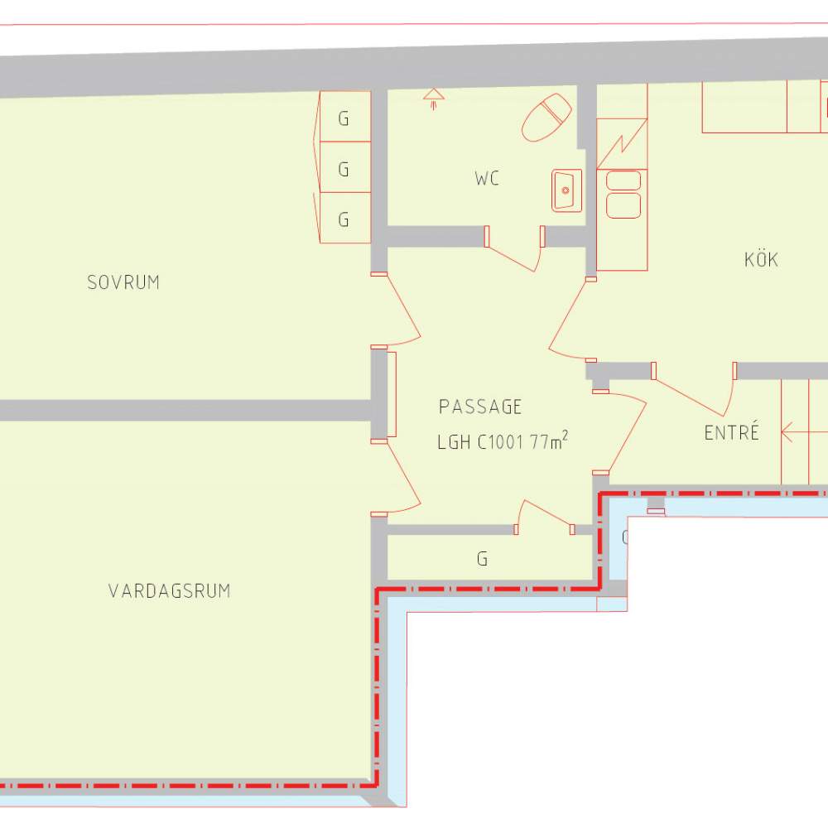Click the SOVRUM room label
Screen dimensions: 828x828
pos(123,282)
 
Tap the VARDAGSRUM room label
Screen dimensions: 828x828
pos(170,591)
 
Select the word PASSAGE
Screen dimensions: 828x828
pos(480,407)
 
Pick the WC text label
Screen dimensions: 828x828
pos(487,179)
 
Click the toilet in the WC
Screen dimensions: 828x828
pos(546,118)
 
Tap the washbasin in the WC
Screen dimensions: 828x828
pos(566,190)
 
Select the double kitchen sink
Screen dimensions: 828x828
pos(623,195)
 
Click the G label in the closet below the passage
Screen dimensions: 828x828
pos(482,559)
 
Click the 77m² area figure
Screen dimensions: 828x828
pos(549,440)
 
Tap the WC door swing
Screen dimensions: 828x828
pos(515,249)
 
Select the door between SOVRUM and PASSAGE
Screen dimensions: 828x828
pos(396,310)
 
